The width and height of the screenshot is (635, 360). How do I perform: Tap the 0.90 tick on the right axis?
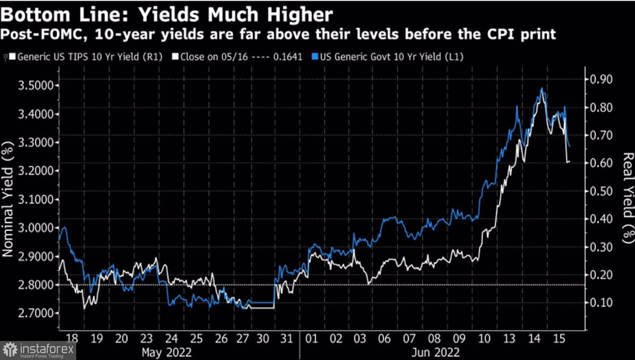[x=601, y=80]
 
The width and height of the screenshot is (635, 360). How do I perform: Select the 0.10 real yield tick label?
[x=601, y=302]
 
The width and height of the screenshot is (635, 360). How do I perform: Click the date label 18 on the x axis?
[x=72, y=338]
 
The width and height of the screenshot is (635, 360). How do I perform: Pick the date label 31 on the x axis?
[x=287, y=338]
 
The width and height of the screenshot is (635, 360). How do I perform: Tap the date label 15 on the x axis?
[x=559, y=338]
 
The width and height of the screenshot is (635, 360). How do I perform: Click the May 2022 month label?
[x=166, y=352]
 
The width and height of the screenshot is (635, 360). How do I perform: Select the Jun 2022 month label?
[x=435, y=352]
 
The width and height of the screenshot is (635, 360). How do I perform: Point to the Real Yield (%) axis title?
[x=628, y=198]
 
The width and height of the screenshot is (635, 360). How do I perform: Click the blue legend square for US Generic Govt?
[x=315, y=57]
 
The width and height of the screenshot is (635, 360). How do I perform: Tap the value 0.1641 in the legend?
[x=287, y=57]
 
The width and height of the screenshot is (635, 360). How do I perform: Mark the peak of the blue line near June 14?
[x=542, y=89]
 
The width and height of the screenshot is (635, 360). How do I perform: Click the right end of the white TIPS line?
[x=569, y=161]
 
